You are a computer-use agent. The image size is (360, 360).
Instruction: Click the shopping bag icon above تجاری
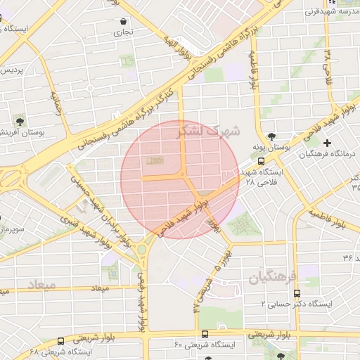coord(124,21)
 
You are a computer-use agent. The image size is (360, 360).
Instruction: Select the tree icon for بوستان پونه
coord(271,136)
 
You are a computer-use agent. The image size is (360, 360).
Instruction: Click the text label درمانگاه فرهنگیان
coord(329,154)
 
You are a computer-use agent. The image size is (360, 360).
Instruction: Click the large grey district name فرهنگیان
coord(272,276)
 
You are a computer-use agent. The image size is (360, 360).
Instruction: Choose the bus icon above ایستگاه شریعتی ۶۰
coord(205,334)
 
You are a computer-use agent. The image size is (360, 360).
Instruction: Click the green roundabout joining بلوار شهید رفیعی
coord(142,249)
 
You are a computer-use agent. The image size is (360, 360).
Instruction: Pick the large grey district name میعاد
coord(41,285)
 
